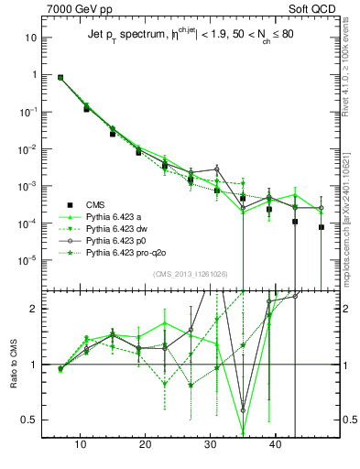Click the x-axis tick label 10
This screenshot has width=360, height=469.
click(x=81, y=444)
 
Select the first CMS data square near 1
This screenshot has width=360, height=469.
click(x=60, y=78)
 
